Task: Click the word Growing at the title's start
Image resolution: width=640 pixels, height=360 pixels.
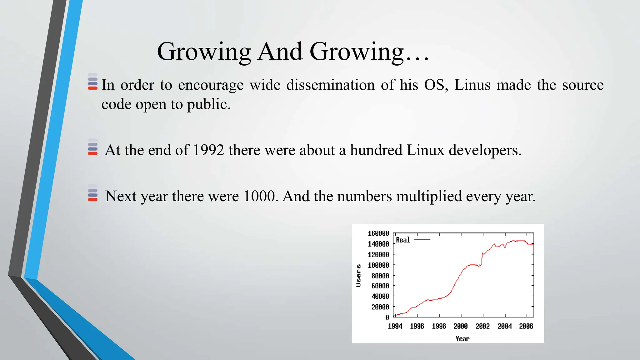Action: [204, 52]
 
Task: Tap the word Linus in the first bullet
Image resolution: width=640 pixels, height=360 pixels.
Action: [472, 85]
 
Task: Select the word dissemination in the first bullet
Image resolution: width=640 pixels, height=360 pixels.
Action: [330, 85]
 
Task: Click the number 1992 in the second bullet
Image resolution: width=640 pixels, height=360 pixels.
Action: [208, 150]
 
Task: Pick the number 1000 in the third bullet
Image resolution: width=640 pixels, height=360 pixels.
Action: [259, 197]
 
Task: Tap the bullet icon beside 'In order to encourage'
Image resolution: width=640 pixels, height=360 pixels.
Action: [92, 82]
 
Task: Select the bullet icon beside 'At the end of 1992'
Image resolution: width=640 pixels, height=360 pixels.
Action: [92, 147]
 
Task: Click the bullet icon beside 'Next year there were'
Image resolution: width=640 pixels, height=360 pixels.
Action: [92, 193]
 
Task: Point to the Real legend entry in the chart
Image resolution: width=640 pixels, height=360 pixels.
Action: [403, 240]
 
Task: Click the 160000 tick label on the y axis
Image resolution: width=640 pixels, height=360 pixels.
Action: [378, 233]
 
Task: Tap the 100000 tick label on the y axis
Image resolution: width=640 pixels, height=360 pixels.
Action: [378, 265]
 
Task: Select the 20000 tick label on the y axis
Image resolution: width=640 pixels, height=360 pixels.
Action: [380, 307]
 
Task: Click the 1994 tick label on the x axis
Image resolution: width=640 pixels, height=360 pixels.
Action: [395, 326]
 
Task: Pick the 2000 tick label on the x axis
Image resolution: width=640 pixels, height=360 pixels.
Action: [461, 326]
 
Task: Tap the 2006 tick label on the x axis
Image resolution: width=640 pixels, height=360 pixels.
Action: [526, 326]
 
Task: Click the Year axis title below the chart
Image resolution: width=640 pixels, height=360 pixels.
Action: [462, 339]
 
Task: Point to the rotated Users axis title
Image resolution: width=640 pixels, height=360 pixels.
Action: [359, 276]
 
